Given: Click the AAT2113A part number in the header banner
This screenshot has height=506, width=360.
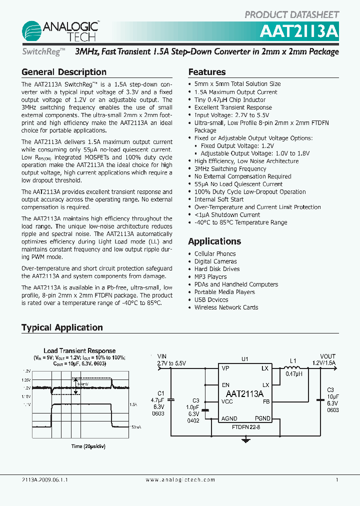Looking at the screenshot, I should (299, 31).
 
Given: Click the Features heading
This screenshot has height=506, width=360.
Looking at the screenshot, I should (207, 72).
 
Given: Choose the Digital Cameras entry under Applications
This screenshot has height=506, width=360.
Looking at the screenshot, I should (215, 261).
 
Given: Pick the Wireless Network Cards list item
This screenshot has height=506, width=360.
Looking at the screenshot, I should (226, 307).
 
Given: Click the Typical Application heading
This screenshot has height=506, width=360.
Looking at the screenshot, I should (62, 327).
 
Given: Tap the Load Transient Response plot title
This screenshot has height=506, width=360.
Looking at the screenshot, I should (79, 350).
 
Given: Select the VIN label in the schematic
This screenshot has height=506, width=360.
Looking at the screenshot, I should (162, 356).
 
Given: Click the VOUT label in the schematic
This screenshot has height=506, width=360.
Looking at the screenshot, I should (328, 356).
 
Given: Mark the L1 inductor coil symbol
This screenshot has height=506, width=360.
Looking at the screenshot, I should (293, 368).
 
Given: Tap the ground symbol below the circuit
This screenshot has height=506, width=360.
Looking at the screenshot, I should (245, 440).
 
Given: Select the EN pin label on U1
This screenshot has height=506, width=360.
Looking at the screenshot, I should (225, 385).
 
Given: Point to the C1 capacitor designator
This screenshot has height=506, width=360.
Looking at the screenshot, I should (160, 393).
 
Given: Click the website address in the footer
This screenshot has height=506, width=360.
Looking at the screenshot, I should (180, 480).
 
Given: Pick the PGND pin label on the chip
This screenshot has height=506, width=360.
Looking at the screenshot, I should (262, 418).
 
